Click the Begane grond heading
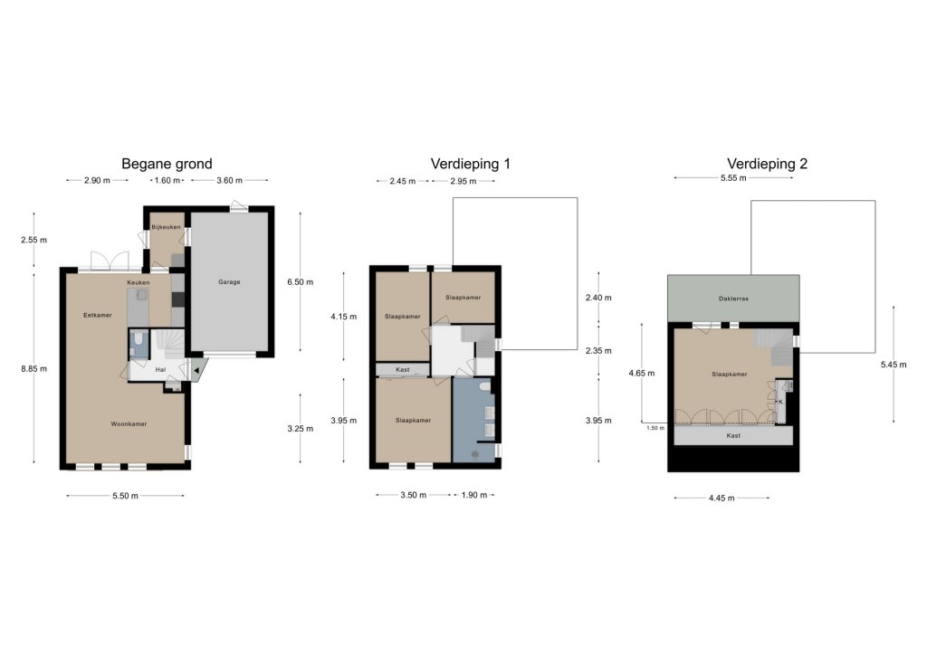tap(167, 164)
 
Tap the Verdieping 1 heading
tap(470, 164)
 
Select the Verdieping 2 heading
tap(767, 164)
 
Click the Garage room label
tap(229, 281)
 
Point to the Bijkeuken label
tap(167, 227)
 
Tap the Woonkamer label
tap(129, 423)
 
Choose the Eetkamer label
tap(98, 315)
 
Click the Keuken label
tap(139, 282)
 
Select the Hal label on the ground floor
tap(160, 370)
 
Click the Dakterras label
tap(733, 299)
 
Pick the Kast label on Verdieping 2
tap(733, 435)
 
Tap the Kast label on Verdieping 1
tap(403, 370)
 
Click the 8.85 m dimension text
tap(33, 368)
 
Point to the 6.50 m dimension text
tap(301, 281)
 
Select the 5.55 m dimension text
tap(733, 178)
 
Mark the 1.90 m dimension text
tap(474, 495)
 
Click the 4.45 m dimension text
tap(722, 498)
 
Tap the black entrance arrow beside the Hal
tap(196, 371)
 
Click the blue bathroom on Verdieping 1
tap(473, 420)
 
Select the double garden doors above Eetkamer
tap(110, 261)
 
